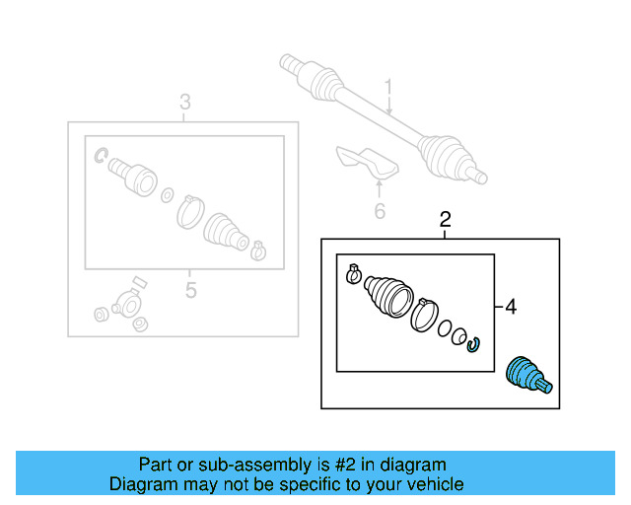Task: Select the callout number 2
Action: coord(445,219)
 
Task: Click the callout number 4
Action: coord(510,308)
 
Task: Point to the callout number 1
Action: coord(388,89)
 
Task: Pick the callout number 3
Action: coord(184,103)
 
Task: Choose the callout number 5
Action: coord(190,290)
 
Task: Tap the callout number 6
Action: coord(379,210)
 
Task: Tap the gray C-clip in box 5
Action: coord(101,155)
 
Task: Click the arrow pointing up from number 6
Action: coord(379,187)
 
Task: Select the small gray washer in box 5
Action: coord(167,193)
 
